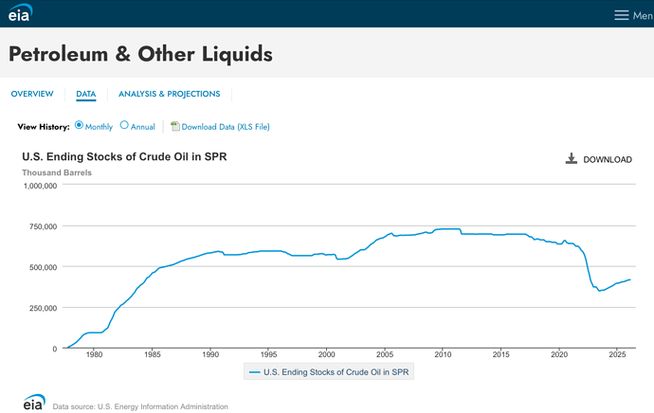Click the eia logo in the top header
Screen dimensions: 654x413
point(20,12)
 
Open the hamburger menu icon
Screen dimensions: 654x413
point(621,15)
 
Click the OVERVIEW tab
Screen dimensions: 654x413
point(32,94)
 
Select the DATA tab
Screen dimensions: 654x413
point(86,94)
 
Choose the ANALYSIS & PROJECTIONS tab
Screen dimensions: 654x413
point(170,94)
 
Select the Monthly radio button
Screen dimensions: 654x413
point(79,125)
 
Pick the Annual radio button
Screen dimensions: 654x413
point(124,125)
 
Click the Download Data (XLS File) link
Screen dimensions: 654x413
point(226,127)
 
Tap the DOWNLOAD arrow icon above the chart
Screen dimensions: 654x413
point(572,158)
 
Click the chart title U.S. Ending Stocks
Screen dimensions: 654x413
point(124,156)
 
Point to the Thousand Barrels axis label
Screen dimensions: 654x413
point(57,172)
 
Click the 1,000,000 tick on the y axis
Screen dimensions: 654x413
point(41,186)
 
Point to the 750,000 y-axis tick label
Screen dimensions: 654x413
point(43,226)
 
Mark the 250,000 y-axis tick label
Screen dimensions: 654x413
point(43,308)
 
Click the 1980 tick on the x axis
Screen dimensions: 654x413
point(94,354)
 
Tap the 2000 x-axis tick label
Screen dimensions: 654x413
point(327,354)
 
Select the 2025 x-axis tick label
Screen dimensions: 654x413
point(617,354)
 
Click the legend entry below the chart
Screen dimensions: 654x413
point(329,372)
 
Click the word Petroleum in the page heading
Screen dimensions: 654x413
point(59,55)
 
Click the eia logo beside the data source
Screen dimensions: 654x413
point(34,403)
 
